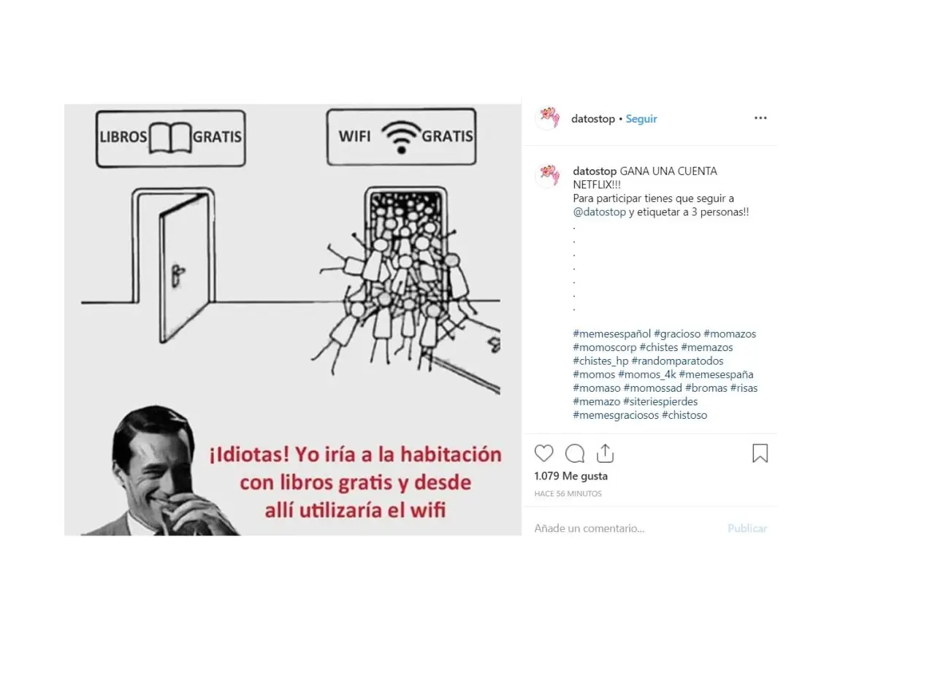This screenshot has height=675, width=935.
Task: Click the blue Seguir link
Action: (x=641, y=119)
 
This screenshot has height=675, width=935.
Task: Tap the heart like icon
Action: (x=544, y=453)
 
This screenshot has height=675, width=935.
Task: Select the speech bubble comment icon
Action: (x=575, y=453)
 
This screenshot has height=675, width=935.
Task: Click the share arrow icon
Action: (x=605, y=453)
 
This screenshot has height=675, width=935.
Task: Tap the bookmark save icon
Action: (x=760, y=453)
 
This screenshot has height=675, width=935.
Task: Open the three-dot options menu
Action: (x=760, y=118)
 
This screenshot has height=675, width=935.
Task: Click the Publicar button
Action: (x=747, y=528)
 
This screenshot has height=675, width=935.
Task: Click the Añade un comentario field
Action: (x=589, y=528)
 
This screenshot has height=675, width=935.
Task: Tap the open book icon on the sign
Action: (x=170, y=137)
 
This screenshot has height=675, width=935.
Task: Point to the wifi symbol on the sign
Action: (x=401, y=136)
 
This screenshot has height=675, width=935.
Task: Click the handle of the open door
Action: (x=178, y=276)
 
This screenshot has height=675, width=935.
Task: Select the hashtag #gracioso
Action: (x=677, y=334)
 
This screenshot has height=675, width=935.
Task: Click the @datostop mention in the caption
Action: (x=600, y=212)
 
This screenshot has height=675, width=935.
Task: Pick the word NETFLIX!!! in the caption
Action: (x=597, y=185)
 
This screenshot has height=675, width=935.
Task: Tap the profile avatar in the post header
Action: (x=548, y=118)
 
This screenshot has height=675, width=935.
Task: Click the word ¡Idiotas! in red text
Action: (x=249, y=455)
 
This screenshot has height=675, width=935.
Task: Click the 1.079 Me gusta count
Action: (x=570, y=476)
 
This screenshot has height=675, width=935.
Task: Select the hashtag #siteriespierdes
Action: (x=660, y=401)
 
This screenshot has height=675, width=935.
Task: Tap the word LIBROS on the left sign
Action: (x=123, y=136)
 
